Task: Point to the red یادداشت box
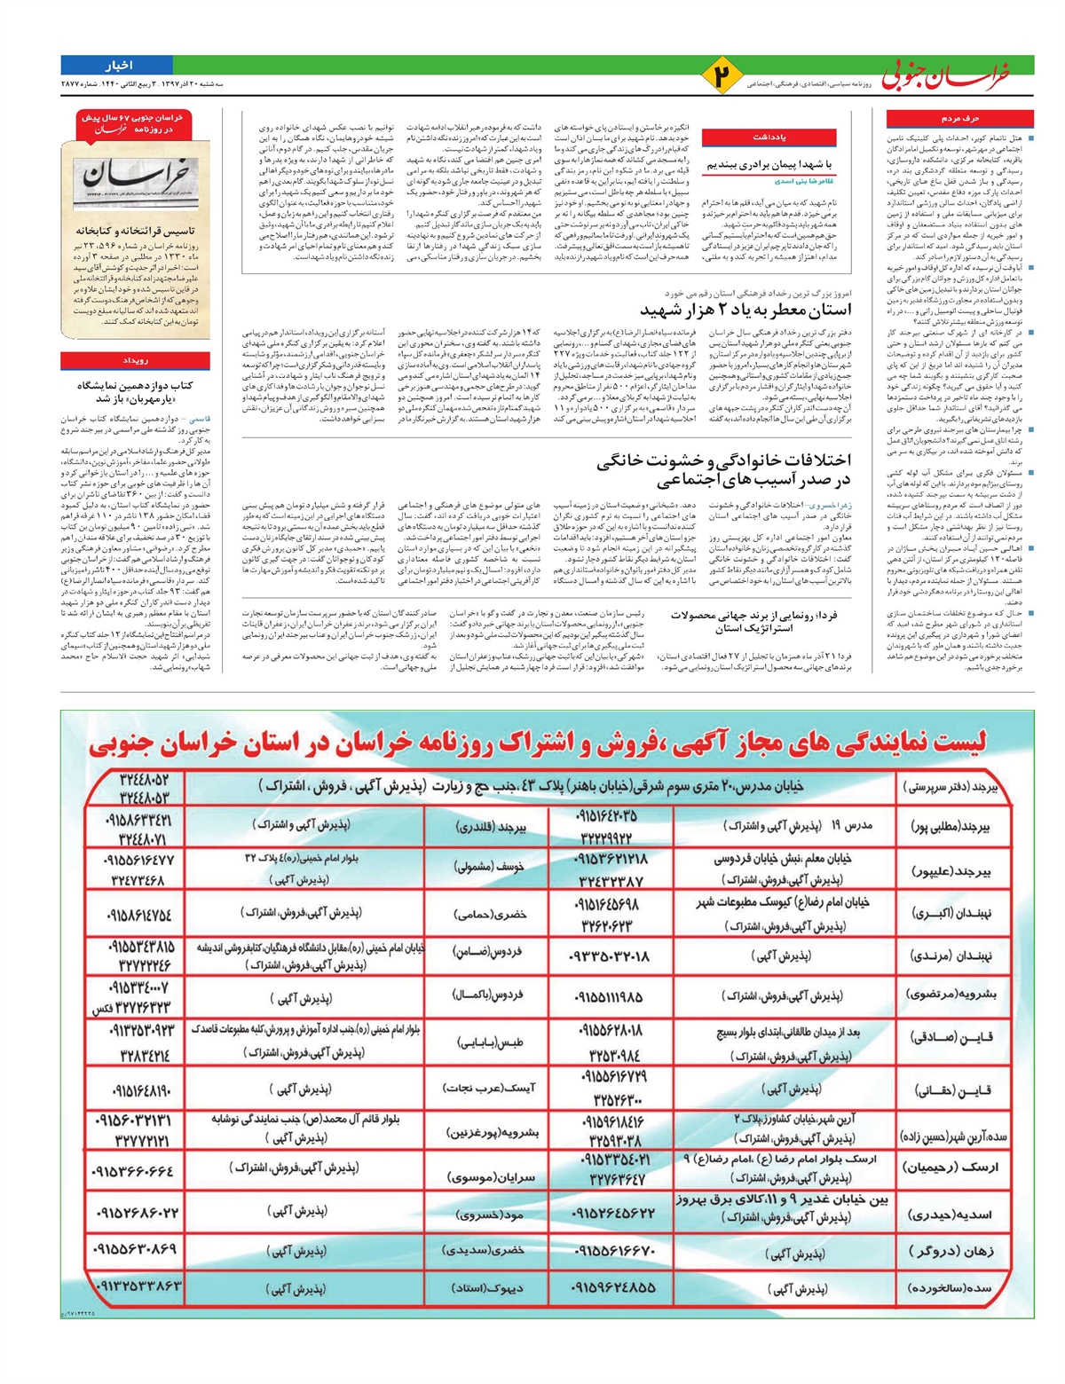[x=769, y=138]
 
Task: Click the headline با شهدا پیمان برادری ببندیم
[x=769, y=165]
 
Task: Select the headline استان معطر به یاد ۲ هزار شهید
[x=745, y=310]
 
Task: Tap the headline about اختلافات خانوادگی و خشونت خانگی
[x=723, y=470]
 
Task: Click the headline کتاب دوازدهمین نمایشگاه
[x=135, y=392]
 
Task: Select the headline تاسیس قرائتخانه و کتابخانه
[x=135, y=230]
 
